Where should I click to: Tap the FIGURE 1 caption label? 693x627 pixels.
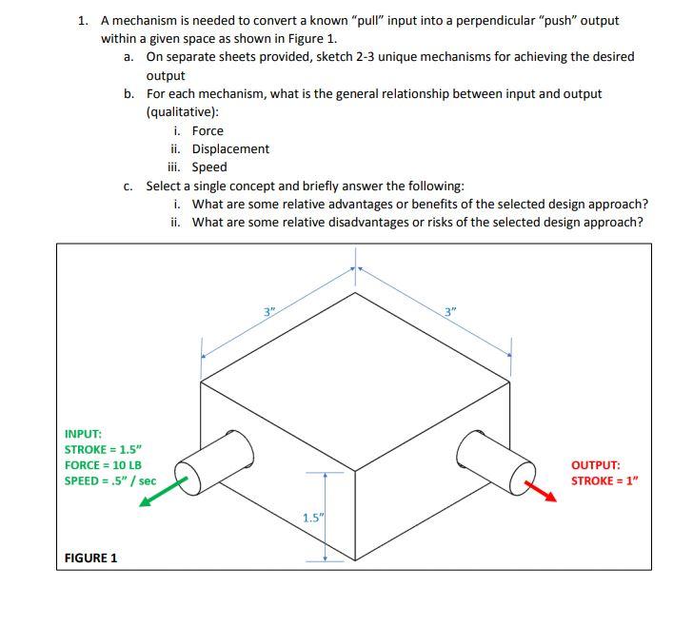[x=90, y=558]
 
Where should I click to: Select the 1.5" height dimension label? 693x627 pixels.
[x=312, y=518]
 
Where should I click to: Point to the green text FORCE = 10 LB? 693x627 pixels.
[x=103, y=464]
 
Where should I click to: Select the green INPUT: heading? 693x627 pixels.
[x=83, y=433]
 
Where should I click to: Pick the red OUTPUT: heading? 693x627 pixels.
[x=596, y=465]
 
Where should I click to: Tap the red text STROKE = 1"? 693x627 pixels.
[x=604, y=480]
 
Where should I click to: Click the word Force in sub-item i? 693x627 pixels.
[x=208, y=130]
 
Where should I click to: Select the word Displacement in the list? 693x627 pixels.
[x=230, y=148]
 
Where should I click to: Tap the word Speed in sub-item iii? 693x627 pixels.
[x=209, y=167]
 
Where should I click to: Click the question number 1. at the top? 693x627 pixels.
[x=85, y=20]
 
